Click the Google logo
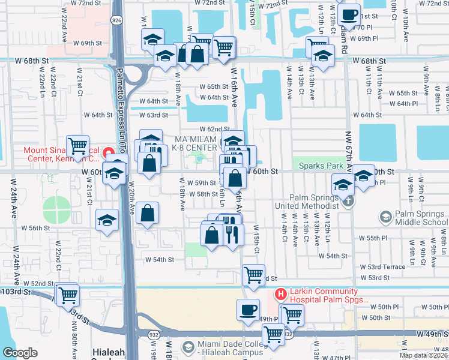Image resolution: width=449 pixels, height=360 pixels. click(x=19, y=353)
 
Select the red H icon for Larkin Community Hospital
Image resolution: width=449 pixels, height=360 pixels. click(x=280, y=294)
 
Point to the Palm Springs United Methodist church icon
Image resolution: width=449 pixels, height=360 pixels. click(x=349, y=202)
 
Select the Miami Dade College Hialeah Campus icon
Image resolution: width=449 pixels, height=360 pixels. click(x=189, y=347)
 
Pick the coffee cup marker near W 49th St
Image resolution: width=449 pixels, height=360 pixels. click(x=248, y=310)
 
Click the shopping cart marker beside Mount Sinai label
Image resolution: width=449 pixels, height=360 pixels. click(x=77, y=145)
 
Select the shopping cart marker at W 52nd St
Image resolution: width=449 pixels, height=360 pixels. click(x=68, y=295)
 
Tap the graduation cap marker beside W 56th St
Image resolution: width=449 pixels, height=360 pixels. click(x=107, y=220)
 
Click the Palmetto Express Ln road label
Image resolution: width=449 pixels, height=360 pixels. click(x=124, y=120)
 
